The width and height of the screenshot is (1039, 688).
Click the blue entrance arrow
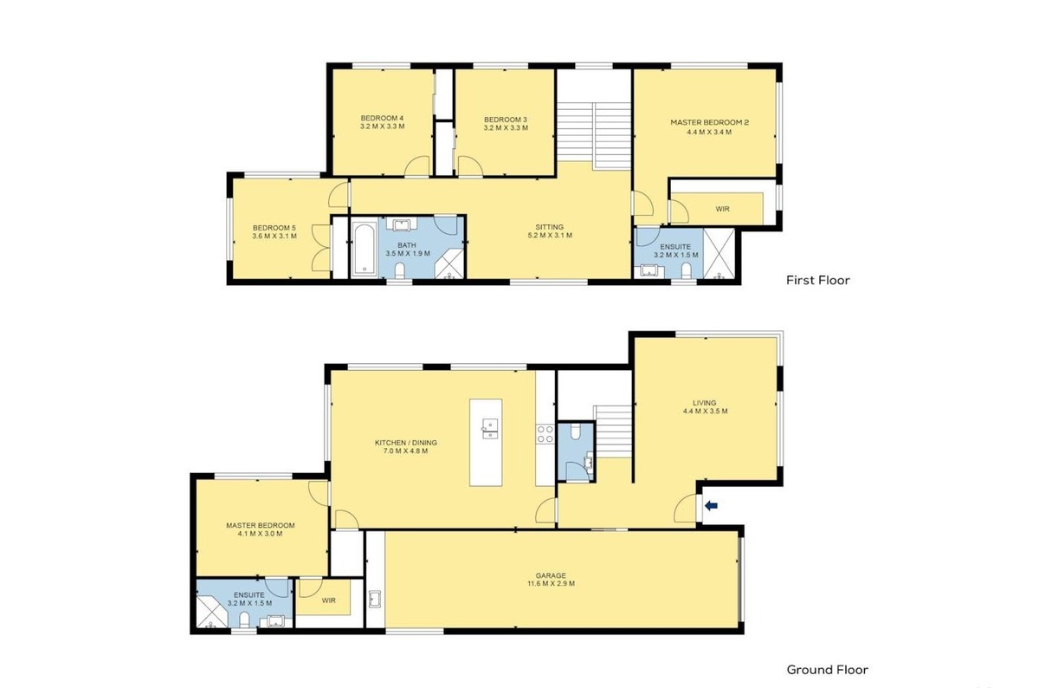coord(711,505)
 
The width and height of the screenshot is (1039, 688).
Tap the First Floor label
coord(817,281)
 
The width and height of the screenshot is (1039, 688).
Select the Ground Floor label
coord(827,670)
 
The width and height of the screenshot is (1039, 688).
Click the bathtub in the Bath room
coord(365,250)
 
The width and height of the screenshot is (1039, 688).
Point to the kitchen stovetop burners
coord(545,433)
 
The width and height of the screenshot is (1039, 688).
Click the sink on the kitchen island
coord(490,429)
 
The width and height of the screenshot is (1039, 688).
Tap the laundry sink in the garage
coord(375,599)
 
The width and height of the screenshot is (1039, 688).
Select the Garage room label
coord(551,575)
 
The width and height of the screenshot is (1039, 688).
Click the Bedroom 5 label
coord(274,228)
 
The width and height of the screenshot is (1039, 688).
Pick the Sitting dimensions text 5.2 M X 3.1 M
coord(550,236)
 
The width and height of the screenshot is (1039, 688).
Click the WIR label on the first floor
coord(722,209)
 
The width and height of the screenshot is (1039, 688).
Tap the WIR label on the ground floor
coord(328,600)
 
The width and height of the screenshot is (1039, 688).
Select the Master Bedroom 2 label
coord(710,122)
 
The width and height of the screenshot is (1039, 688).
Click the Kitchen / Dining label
coord(406,443)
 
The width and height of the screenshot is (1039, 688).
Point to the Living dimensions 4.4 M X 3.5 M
coord(705,411)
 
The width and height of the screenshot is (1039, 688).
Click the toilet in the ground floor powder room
coord(575,432)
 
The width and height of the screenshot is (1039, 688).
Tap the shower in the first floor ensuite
coord(719,254)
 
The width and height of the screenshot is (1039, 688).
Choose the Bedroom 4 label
coord(382,118)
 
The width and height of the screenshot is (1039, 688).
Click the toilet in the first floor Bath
coord(399,269)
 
